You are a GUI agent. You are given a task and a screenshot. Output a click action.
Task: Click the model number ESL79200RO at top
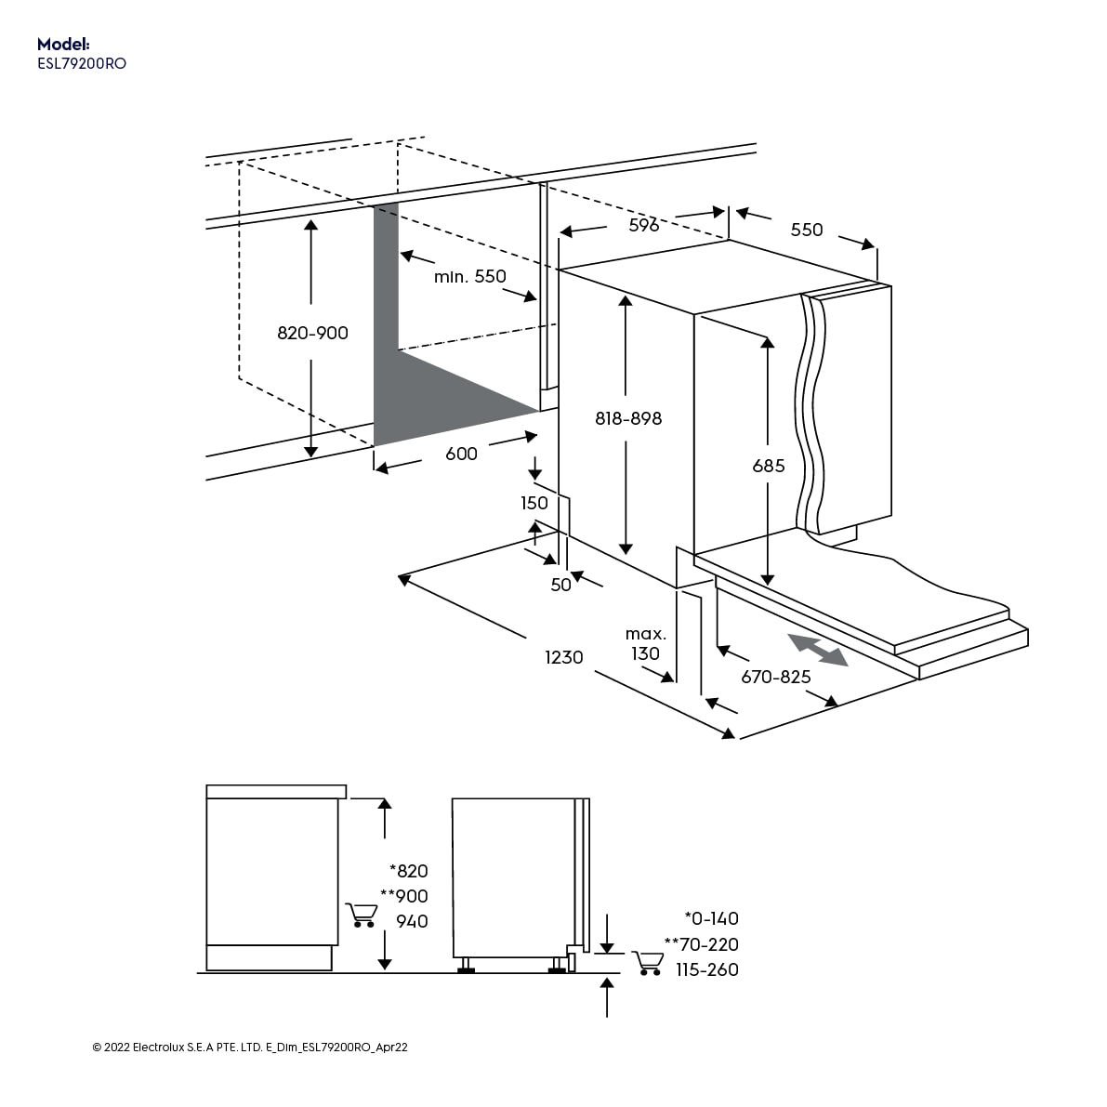click(81, 64)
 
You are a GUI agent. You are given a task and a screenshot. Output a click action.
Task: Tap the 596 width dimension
click(643, 225)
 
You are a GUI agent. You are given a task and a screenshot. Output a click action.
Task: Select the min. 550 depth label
click(469, 276)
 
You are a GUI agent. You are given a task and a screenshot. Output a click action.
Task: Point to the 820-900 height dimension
click(312, 333)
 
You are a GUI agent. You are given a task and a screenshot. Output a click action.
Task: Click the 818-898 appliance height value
click(628, 418)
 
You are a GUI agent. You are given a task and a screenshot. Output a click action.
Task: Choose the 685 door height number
click(769, 466)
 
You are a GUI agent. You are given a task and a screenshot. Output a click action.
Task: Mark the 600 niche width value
click(461, 454)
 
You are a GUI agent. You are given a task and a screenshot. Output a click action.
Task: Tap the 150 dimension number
click(534, 503)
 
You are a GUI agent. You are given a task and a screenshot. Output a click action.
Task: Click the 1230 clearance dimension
click(563, 657)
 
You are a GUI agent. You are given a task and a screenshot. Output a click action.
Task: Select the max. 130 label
click(645, 644)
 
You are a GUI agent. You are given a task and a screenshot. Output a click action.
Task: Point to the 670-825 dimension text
click(775, 677)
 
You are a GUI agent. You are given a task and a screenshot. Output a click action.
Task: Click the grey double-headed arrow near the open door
click(818, 650)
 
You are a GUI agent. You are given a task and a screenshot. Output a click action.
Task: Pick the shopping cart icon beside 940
click(361, 916)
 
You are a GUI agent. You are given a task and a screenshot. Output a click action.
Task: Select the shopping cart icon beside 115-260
click(648, 963)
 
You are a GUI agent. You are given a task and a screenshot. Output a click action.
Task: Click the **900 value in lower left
click(404, 896)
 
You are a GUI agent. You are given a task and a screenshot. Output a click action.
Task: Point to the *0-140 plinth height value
click(711, 918)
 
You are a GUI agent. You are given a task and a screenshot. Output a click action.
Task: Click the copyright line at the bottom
click(250, 1048)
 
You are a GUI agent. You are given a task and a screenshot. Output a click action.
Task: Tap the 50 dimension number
click(560, 585)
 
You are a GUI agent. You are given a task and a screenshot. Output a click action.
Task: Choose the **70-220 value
click(702, 944)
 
